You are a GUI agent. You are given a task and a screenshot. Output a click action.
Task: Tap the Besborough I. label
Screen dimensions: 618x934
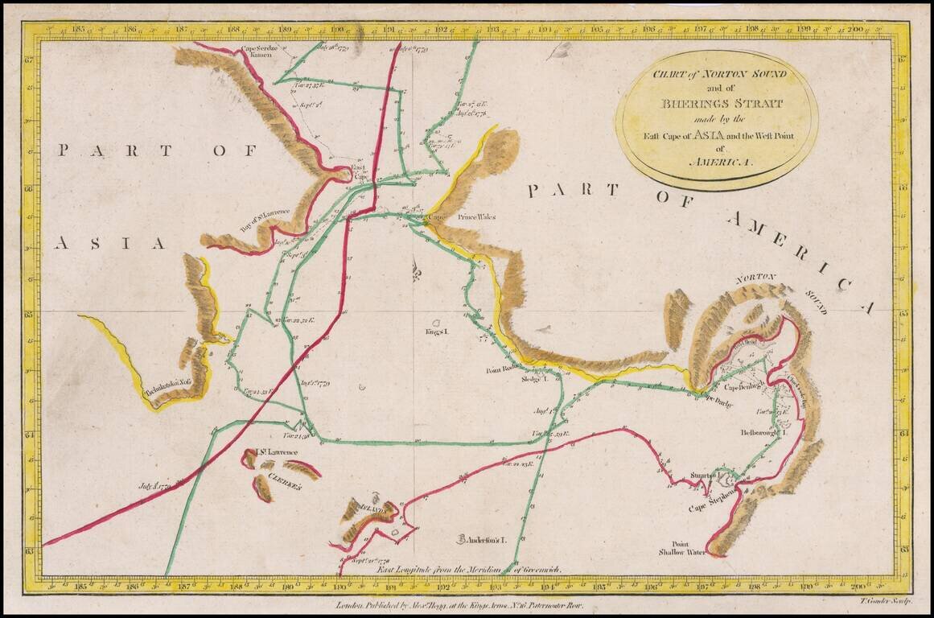click(762, 432)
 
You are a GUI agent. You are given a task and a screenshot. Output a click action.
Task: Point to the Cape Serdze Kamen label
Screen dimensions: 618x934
click(260, 52)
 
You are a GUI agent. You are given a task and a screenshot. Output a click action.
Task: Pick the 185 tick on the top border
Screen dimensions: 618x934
click(78, 30)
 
